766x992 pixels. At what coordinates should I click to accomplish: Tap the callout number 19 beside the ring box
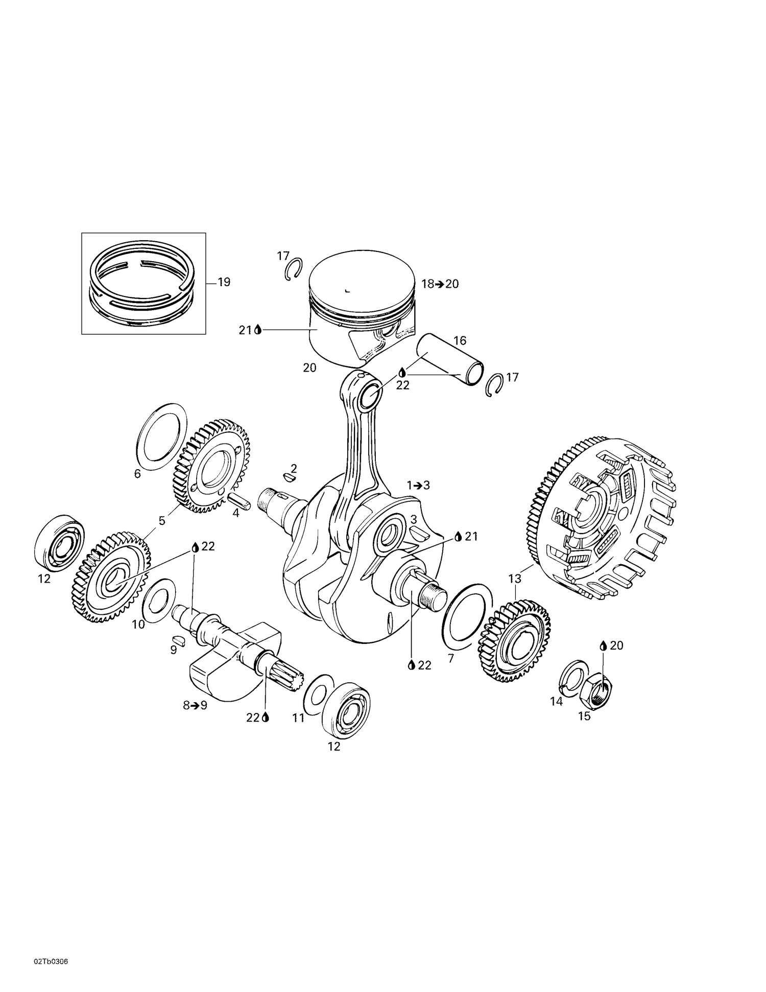click(x=224, y=282)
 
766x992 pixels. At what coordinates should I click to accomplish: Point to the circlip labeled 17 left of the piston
click(x=293, y=269)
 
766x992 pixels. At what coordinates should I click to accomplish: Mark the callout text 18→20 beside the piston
click(x=440, y=284)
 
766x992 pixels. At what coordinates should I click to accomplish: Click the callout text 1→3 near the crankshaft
click(x=418, y=486)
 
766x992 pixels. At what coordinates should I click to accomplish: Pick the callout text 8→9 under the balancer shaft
click(x=195, y=706)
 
